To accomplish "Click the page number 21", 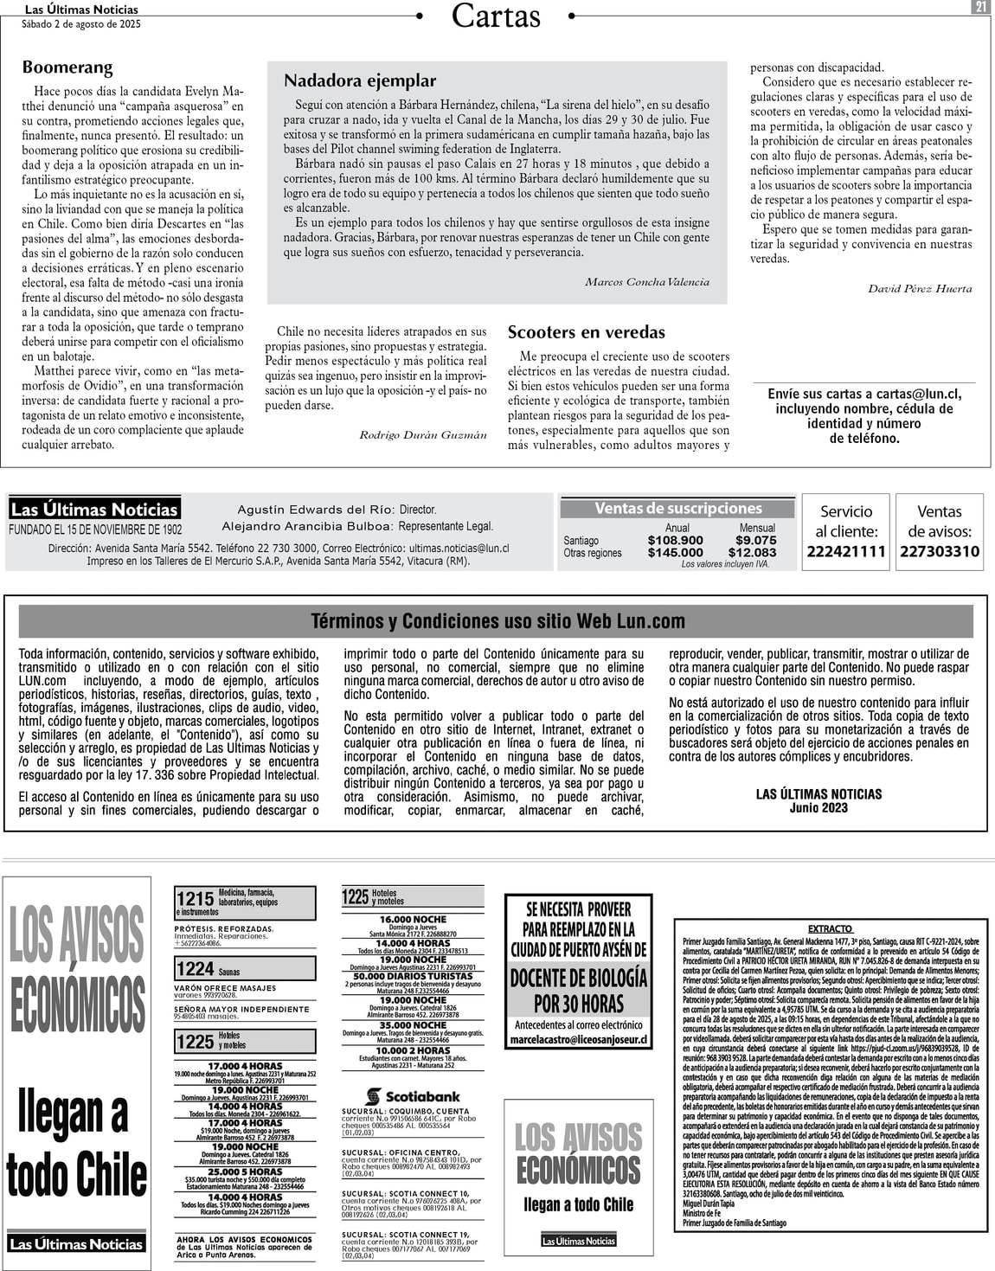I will [980, 7].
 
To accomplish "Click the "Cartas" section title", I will [496, 16].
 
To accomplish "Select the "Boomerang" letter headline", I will [67, 67].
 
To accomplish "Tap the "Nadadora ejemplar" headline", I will [360, 80].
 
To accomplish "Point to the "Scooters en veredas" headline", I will [586, 332].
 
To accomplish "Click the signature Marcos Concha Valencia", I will [646, 282].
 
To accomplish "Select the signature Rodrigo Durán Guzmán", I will [423, 435].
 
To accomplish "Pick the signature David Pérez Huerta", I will [920, 289].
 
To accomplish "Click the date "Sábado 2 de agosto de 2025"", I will [81, 24].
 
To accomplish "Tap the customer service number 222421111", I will [846, 552].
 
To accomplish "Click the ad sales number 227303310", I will [940, 552].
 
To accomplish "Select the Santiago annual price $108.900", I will [675, 540].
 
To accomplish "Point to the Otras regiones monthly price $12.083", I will [752, 553].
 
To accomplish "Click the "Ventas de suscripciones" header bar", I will [677, 509].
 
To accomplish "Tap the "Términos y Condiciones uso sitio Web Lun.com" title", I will [497, 621].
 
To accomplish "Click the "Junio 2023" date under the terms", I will [818, 808].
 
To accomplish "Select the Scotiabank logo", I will [413, 1096].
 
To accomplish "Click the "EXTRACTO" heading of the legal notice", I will [830, 928].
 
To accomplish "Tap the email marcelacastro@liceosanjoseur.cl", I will [578, 1039].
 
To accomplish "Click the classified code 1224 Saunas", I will [208, 970].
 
